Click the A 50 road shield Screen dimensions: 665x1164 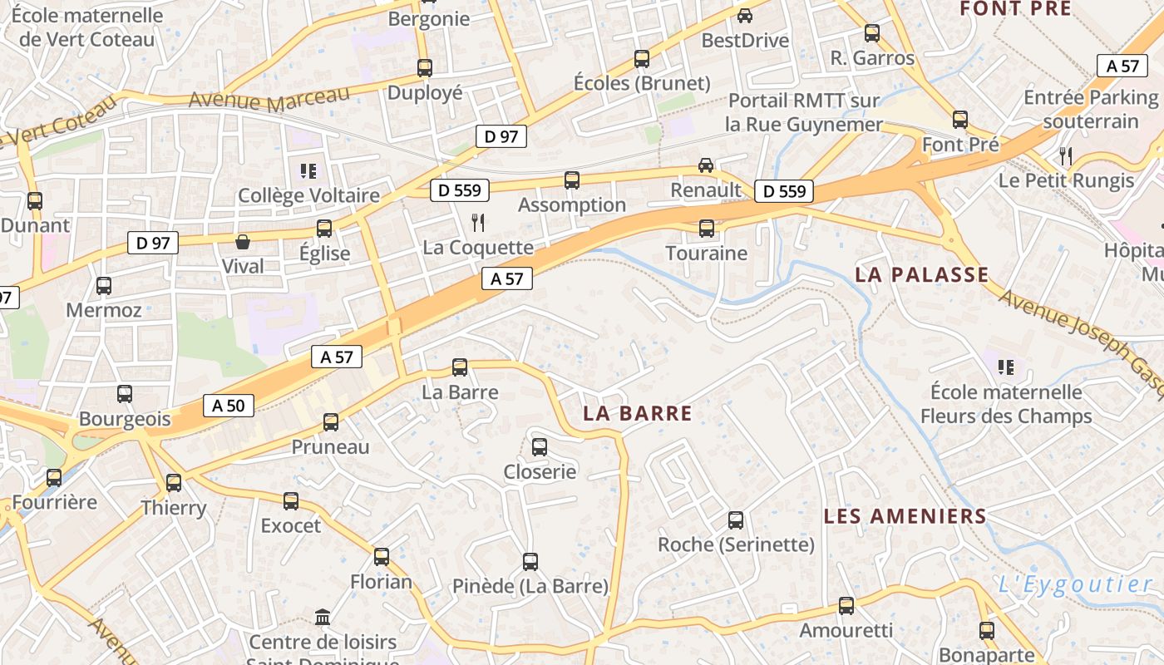(229, 406)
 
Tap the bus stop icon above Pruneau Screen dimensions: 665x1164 (331, 422)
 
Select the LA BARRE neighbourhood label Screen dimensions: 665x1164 (638, 413)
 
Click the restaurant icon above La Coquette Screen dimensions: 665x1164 (478, 222)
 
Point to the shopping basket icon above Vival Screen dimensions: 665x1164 (243, 242)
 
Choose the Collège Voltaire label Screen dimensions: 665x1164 (308, 195)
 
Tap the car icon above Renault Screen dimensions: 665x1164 (706, 165)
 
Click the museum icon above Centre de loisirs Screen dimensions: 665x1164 (323, 618)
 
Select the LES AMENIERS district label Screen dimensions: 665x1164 (905, 516)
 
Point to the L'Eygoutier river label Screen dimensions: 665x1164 (1075, 584)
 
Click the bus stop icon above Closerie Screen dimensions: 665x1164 (540, 447)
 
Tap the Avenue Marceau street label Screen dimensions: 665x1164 (269, 98)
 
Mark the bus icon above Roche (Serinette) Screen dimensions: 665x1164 (736, 520)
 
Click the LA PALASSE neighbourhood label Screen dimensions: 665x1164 (922, 274)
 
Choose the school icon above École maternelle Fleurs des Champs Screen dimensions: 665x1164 (1006, 367)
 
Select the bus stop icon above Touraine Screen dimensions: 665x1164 (707, 229)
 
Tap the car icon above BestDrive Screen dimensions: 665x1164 (745, 16)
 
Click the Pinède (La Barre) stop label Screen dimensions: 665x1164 (530, 586)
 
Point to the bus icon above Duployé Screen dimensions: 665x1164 (425, 68)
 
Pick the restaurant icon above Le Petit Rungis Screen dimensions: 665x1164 (1066, 155)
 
